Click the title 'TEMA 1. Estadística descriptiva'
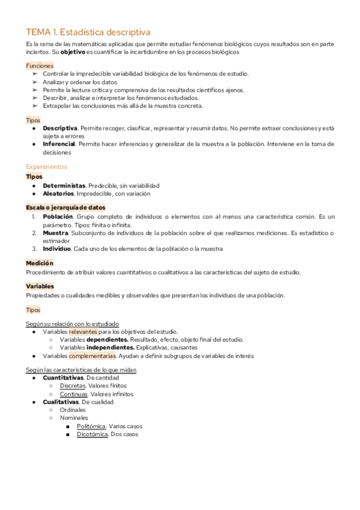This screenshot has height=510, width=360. tap(88, 32)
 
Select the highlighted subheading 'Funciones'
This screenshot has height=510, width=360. tap(40, 66)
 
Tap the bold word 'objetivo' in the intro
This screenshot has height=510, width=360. tap(72, 52)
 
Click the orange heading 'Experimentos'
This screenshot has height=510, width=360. tap(46, 167)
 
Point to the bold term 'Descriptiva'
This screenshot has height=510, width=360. tap(60, 128)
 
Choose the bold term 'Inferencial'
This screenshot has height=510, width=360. tap(59, 144)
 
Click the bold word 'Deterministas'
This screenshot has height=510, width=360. tap(64, 186)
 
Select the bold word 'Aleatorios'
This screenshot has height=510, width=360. tap(58, 194)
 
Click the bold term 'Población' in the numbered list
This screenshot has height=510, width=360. tap(58, 217)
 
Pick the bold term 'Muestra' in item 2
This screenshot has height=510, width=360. tap(55, 233)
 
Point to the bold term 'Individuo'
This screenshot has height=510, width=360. tap(56, 248)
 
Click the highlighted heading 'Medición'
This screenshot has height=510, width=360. tap(40, 263)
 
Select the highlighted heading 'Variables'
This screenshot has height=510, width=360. tap(40, 286)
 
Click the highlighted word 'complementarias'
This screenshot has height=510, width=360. tap(92, 355)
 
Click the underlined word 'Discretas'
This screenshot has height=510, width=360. tap(73, 386)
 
